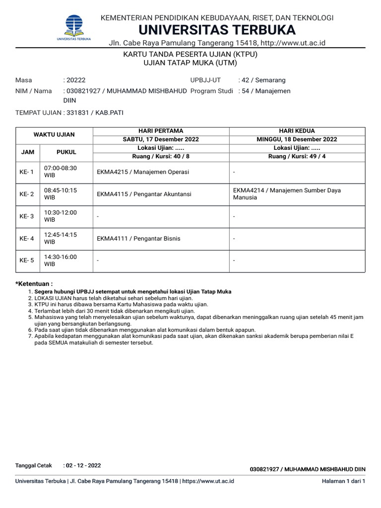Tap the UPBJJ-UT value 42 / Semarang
coord(261,80)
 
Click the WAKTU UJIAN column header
coord(54,135)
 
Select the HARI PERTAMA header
coord(161,131)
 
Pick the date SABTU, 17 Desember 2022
coord(161,139)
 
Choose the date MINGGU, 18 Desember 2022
coord(297,139)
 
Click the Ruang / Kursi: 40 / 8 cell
coord(161,156)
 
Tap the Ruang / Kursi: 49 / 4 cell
coord(297,156)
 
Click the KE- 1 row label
coord(27,172)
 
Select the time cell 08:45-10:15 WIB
coord(61,193)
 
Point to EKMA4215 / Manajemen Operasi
coord(143,172)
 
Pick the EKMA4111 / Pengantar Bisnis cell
coord(138,239)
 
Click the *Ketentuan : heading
coord(34,283)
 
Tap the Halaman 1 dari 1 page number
coord(343,481)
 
